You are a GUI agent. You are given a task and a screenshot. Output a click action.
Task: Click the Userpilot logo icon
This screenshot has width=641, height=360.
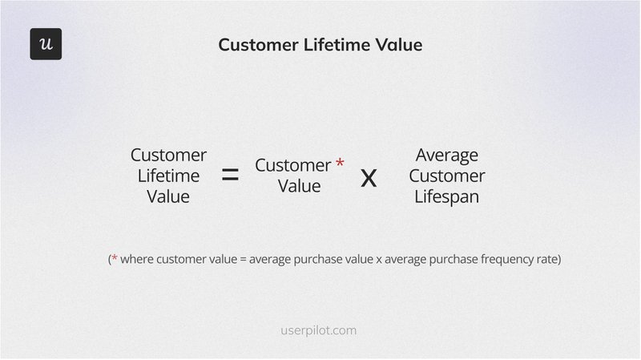coord(46,44)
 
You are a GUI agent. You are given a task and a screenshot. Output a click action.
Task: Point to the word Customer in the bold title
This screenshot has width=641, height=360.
coord(256,45)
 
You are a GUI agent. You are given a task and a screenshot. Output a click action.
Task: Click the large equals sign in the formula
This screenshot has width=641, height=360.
coord(230,176)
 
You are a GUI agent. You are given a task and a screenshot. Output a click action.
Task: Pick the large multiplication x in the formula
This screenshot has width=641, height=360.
coord(368,176)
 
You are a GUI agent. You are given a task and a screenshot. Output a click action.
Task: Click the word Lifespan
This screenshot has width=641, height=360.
coord(447,196)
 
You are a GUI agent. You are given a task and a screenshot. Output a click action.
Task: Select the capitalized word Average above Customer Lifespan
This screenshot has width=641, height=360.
coord(447,155)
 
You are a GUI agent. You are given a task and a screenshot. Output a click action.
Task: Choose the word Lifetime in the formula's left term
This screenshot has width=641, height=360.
coord(168,176)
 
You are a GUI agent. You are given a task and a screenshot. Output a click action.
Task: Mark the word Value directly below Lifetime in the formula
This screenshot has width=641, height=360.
coord(168,196)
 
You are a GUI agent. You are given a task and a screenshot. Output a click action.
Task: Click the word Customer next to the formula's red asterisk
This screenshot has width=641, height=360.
coord(292,165)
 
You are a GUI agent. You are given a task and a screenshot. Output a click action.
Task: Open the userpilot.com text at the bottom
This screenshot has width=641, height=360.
coord(320,330)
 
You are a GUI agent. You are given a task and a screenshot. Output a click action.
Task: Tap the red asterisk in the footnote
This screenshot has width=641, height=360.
coord(115,258)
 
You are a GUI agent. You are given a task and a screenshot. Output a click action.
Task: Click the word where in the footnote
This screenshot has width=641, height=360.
coord(138,260)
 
